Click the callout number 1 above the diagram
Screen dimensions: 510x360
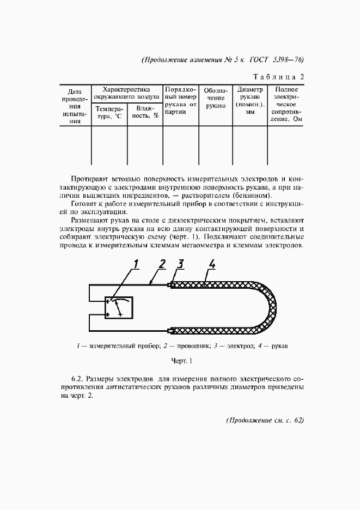137,265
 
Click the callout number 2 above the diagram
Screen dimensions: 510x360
162,265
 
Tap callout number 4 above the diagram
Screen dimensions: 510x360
212,265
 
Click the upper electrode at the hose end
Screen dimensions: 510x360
172,285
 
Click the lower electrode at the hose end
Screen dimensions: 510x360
172,330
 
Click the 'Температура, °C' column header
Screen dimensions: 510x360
109,113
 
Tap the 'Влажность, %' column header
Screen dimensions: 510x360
145,113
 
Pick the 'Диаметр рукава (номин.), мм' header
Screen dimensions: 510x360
250,101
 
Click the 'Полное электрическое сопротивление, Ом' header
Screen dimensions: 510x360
286,104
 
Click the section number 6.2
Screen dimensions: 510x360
78,378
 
